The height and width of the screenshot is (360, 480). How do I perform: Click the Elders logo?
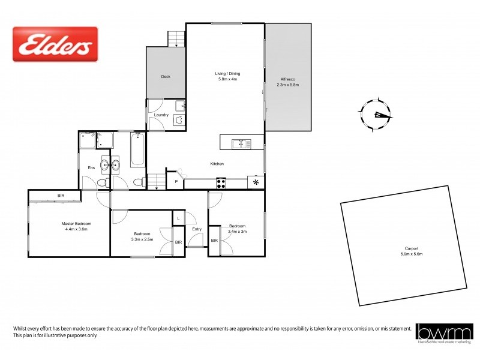point(55,44)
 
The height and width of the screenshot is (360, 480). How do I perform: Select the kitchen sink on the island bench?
point(241,143)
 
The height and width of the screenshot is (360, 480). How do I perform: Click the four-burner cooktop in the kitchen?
point(221,184)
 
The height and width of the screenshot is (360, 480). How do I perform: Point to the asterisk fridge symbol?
point(256,182)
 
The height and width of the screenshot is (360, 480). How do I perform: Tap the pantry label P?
point(176,181)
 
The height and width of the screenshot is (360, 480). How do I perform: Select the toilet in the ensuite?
point(103,182)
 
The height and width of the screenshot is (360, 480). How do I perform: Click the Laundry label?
point(161,115)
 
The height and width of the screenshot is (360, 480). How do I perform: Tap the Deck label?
point(166,77)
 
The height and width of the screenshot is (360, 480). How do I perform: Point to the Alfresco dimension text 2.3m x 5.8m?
point(288,85)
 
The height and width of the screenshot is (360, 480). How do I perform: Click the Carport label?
point(411,248)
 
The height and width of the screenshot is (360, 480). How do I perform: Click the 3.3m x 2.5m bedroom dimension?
point(142,239)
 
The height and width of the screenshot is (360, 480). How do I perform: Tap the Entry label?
point(197,229)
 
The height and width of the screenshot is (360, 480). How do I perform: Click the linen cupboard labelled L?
point(179,218)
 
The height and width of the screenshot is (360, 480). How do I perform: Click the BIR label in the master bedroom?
point(61,196)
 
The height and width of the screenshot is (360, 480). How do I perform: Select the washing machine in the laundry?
point(178,120)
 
